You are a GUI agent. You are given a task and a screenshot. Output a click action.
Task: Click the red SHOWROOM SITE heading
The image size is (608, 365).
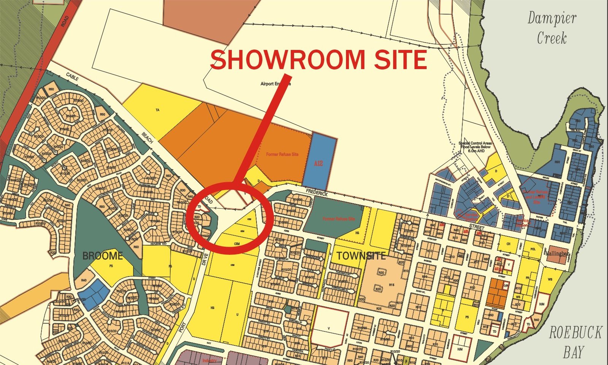318,60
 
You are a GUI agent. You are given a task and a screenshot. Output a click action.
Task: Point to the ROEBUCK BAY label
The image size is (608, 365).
575,342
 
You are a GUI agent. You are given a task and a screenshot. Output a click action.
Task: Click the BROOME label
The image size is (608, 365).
103,255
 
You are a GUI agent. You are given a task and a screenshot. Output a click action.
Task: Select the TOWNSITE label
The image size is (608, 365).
361,256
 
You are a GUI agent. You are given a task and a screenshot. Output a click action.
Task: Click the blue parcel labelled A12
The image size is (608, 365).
318,163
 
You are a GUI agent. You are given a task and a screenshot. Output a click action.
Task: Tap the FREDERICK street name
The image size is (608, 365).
317,193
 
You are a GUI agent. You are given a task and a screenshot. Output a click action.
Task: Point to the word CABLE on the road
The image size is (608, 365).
73,76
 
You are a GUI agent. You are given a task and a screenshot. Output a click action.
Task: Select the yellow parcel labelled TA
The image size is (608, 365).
157,110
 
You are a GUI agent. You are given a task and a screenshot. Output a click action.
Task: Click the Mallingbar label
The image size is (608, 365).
557,253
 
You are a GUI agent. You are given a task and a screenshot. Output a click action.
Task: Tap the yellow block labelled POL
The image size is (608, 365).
533,249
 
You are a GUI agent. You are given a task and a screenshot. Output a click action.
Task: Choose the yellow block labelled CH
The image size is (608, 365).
508,244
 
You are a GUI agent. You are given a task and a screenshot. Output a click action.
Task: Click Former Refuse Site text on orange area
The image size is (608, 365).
282,154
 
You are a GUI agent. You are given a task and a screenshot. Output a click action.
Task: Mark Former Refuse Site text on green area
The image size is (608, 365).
339,219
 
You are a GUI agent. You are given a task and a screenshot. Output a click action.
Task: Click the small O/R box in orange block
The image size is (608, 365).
506,286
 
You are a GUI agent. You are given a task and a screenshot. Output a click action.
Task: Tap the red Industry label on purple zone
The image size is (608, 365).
209,360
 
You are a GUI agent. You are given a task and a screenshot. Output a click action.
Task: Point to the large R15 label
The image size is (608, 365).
391,284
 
